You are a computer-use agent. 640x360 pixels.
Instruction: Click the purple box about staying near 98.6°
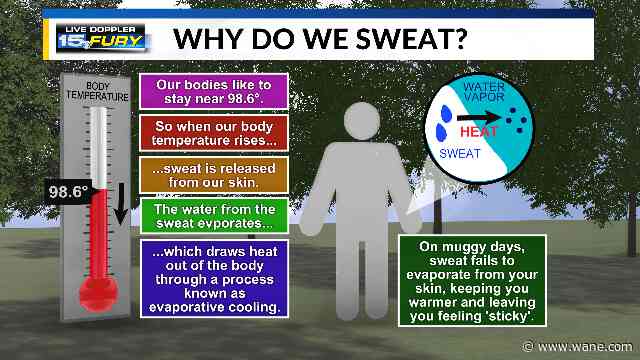tap(213, 91)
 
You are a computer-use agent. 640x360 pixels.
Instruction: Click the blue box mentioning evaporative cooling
tap(213, 276)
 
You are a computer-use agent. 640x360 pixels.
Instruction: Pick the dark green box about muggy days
tap(472, 280)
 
